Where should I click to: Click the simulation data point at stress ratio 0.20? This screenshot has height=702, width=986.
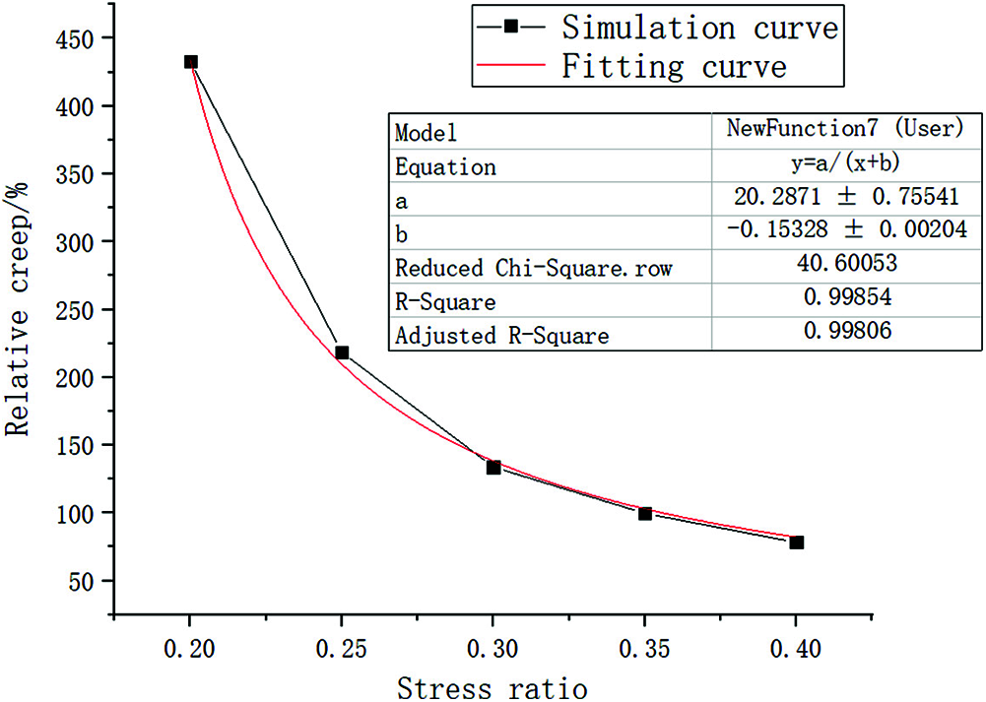(191, 61)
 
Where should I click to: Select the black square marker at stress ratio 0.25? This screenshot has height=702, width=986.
(343, 352)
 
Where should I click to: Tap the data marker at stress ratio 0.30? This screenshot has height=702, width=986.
(493, 467)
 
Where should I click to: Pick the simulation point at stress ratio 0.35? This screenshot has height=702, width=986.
(645, 513)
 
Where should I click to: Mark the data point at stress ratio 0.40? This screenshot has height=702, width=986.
(797, 542)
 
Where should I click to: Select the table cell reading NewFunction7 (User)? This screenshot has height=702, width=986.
(846, 129)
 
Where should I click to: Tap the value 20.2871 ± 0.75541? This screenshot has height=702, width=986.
(846, 197)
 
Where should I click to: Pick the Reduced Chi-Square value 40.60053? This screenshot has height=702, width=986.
(846, 266)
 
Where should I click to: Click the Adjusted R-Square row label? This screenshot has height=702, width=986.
(502, 336)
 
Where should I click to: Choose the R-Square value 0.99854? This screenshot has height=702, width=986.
(846, 299)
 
